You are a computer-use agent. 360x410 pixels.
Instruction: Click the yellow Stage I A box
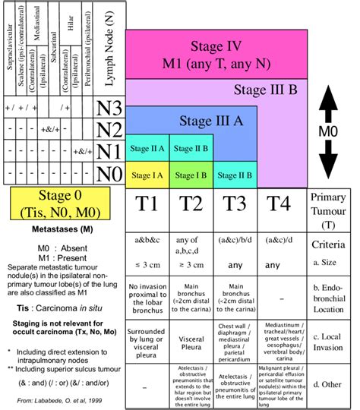tap(147, 175)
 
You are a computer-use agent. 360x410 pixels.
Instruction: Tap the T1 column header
tap(147, 204)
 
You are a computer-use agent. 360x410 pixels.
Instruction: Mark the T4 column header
tap(277, 204)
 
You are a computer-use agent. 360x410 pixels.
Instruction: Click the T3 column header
tap(233, 204)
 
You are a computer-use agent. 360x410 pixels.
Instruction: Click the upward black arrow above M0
tap(328, 105)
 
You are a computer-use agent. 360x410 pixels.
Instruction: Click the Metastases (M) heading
tap(63, 227)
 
